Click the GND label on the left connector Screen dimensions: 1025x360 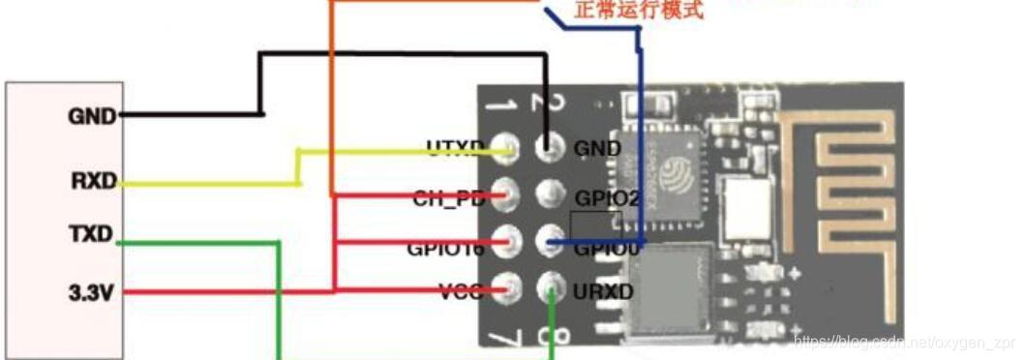(91, 116)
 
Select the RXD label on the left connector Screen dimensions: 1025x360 (93, 180)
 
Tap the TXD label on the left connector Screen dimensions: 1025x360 (91, 235)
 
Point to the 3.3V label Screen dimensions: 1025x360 (91, 289)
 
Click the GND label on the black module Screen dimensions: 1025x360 (597, 149)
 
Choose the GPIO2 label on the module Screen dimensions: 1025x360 (608, 197)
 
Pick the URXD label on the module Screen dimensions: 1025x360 (603, 289)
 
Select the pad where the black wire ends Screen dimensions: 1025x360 (550, 149)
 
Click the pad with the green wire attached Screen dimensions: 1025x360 (551, 287)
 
